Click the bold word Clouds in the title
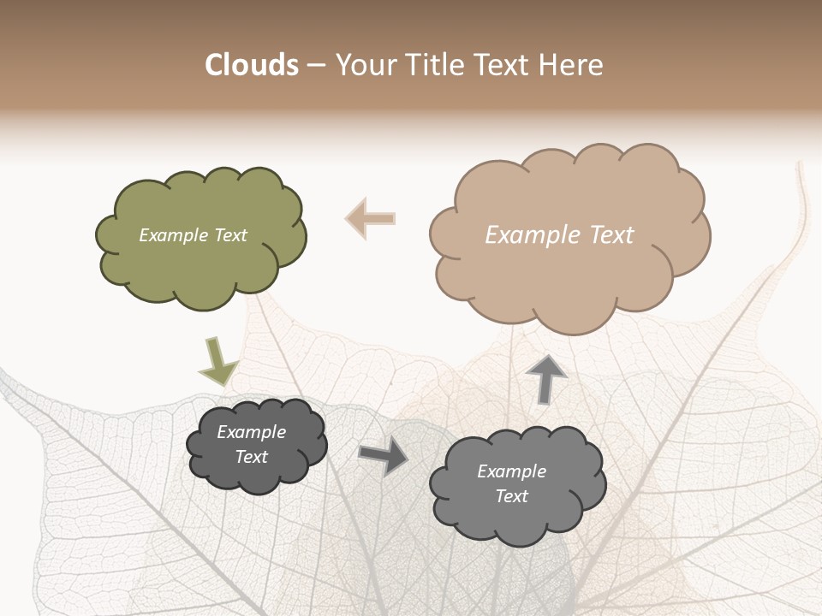252,65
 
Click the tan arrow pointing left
371,218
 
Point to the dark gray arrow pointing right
384,456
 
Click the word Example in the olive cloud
173,235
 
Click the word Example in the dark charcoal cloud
252,432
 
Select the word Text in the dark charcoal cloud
252,457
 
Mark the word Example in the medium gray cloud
511,471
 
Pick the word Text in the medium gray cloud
511,496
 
